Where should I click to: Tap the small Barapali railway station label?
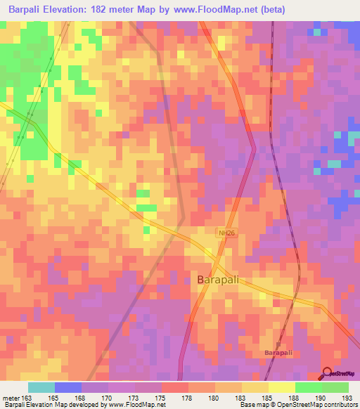click(277, 351)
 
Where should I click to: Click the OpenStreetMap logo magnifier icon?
click(328, 375)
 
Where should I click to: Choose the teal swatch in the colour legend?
click(41, 387)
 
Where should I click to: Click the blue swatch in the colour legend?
click(68, 387)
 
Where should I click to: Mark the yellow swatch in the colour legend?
click(282, 387)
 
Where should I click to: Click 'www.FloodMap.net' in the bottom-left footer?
click(139, 405)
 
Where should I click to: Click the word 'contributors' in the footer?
click(340, 405)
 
